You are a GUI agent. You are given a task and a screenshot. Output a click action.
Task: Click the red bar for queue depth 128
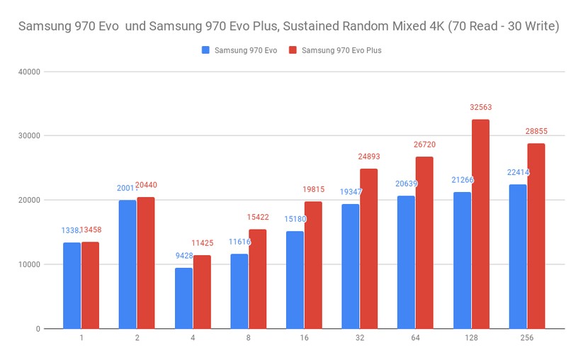[480, 224]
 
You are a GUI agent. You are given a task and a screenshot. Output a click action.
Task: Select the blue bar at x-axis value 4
[183, 298]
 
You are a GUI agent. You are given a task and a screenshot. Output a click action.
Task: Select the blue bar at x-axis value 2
[128, 264]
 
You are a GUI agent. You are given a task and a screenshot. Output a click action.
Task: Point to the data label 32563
[480, 108]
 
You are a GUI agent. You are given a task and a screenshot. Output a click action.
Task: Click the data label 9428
[183, 256]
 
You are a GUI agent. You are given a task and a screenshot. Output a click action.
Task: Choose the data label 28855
[536, 132]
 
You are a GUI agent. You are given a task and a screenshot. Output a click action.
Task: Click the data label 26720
[424, 145]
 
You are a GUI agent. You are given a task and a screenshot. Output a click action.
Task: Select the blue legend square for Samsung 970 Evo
[206, 50]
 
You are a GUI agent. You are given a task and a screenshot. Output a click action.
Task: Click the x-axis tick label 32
[360, 339]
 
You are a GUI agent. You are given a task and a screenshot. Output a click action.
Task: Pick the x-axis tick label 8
[248, 339]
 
